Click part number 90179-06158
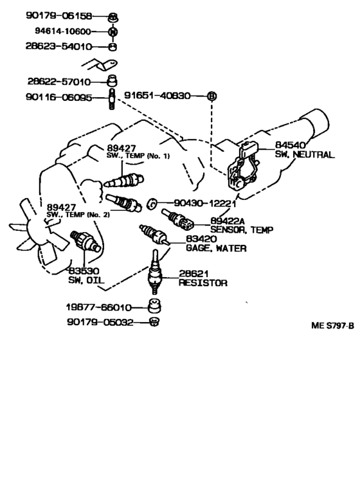[59, 15]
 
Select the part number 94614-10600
[63, 31]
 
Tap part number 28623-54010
[59, 46]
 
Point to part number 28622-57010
[59, 82]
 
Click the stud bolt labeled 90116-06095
[112, 99]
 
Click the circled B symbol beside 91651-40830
[212, 96]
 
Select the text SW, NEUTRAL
[305, 154]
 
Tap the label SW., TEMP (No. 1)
[138, 156]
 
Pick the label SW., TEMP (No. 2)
[78, 215]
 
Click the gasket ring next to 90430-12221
[152, 204]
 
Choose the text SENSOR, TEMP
[242, 230]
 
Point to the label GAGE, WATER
[216, 248]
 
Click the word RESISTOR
[203, 283]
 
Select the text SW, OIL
[86, 280]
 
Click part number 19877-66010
[98, 307]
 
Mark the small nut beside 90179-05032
[154, 321]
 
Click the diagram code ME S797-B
[332, 326]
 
